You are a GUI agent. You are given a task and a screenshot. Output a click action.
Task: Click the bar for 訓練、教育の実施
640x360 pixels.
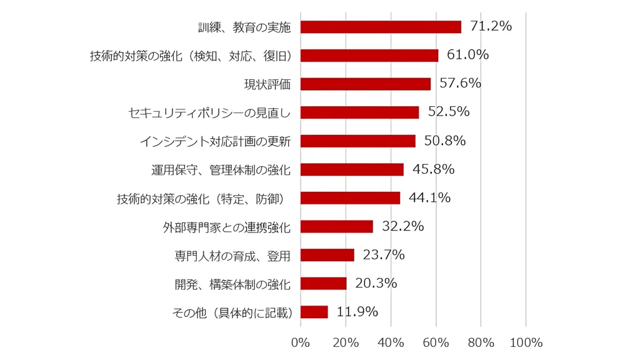[381, 27]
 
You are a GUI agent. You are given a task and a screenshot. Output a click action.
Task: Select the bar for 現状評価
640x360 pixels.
[366, 84]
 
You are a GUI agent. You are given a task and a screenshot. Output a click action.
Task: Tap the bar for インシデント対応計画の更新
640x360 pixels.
[358, 141]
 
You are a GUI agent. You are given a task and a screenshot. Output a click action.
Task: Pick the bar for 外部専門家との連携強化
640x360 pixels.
[337, 226]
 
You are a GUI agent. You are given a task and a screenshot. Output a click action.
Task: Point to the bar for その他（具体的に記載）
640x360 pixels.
[314, 312]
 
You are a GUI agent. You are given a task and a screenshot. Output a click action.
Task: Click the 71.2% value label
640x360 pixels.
[491, 26]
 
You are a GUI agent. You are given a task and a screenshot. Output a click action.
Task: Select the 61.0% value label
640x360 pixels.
[467, 55]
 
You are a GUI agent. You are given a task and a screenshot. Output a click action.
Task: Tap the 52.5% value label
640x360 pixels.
[449, 112]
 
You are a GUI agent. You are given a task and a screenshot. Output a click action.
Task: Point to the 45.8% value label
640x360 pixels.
[433, 169]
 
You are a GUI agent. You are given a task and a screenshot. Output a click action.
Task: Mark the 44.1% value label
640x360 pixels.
[429, 197]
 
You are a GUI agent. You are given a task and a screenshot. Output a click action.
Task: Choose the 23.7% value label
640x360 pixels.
[384, 255]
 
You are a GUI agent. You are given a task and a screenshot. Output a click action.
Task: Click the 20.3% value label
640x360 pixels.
[376, 283]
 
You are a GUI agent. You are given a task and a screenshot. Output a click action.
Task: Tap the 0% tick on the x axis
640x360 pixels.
[301, 342]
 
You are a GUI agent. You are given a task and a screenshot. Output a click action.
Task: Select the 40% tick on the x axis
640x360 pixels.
[391, 342]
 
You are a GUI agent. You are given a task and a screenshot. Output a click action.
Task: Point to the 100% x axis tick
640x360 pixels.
[526, 342]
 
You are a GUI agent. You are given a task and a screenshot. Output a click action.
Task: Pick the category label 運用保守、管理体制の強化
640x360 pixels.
[221, 169]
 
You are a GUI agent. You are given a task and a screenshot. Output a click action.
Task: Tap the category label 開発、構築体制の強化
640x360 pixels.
[232, 284]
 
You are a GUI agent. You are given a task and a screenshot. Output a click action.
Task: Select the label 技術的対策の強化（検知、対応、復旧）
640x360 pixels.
[192, 56]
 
